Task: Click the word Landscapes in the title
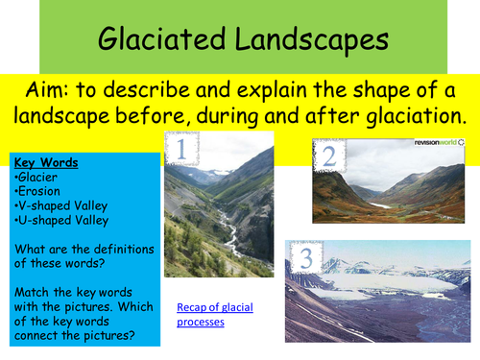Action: click(312, 40)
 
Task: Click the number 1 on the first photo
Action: click(180, 150)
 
